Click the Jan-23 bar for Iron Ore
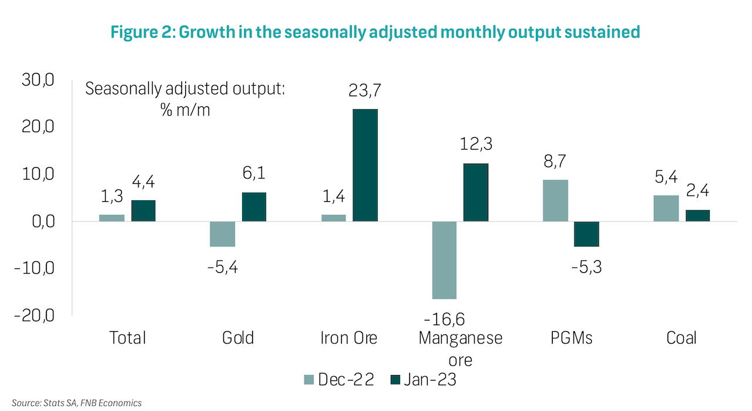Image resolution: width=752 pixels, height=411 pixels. pyautogui.click(x=365, y=165)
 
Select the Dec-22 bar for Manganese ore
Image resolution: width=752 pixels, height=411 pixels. pyautogui.click(x=444, y=260)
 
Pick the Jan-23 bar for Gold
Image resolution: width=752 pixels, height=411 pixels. pyautogui.click(x=254, y=207)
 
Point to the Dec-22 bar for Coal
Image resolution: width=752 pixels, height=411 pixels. pyautogui.click(x=666, y=208)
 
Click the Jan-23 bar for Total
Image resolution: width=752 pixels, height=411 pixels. pyautogui.click(x=143, y=211)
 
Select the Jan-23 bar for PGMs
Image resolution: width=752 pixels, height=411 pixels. pyautogui.click(x=586, y=234)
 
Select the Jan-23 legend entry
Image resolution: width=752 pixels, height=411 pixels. pyautogui.click(x=423, y=380)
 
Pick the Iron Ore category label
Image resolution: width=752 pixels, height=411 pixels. pyautogui.click(x=349, y=338)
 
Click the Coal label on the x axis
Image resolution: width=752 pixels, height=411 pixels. pyautogui.click(x=681, y=338)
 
